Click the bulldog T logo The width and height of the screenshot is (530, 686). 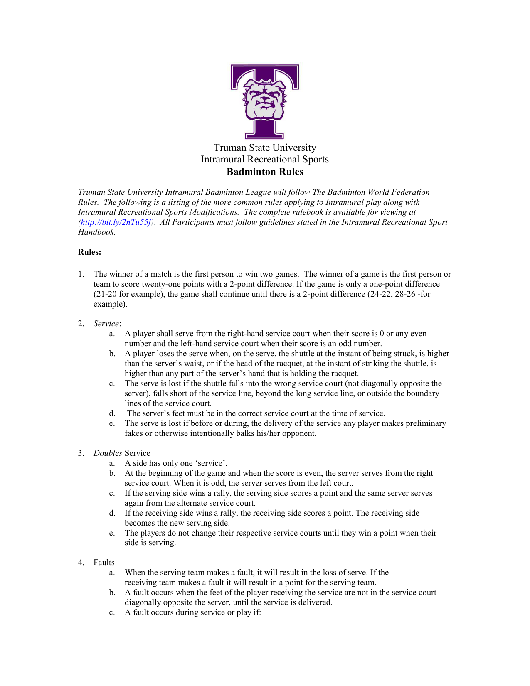coord(265,101)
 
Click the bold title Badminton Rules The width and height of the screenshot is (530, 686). coord(265,172)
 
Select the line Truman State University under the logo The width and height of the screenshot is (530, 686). coord(265,148)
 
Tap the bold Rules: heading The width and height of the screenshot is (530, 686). coord(89,252)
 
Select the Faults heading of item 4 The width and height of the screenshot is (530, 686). coord(104,563)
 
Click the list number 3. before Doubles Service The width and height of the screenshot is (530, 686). coord(81,453)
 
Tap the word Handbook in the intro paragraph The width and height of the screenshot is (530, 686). coord(96,232)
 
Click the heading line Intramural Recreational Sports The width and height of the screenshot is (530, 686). coord(265,160)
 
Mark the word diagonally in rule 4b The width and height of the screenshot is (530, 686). coord(144,602)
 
